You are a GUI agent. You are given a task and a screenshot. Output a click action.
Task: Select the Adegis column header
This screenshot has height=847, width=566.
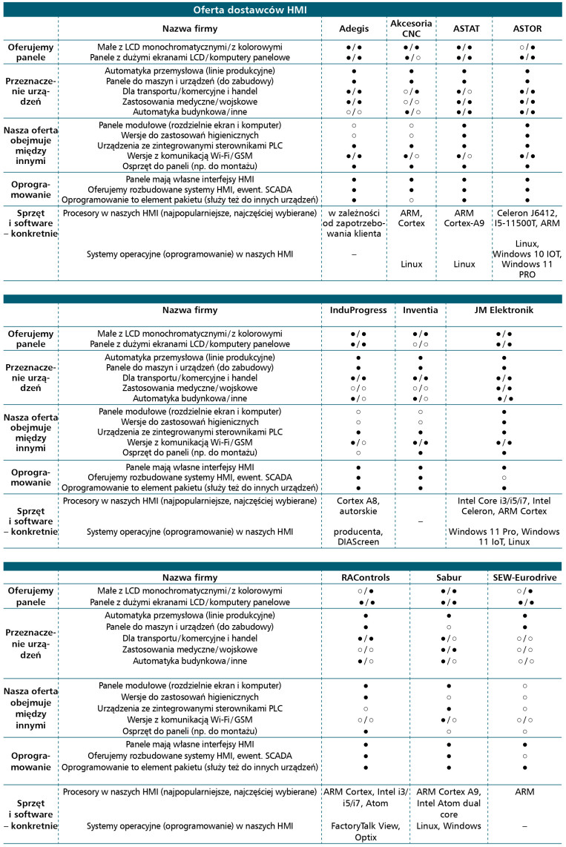coord(353,28)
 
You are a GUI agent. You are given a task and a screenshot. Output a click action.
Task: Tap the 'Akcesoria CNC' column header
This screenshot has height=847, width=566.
coord(411,28)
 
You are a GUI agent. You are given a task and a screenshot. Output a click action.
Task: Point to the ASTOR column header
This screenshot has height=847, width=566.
coord(527,28)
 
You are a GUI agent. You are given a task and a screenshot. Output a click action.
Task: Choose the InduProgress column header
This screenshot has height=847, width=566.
coord(358,310)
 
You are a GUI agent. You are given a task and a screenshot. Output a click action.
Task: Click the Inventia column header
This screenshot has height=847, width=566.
coord(420,310)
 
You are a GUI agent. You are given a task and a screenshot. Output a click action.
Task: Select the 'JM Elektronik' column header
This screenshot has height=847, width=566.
coord(504,310)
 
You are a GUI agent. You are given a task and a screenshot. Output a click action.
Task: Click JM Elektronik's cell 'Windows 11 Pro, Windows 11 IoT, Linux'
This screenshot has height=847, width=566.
coord(504,537)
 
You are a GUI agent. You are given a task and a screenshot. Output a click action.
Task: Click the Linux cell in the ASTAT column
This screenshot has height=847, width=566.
coord(465,263)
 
